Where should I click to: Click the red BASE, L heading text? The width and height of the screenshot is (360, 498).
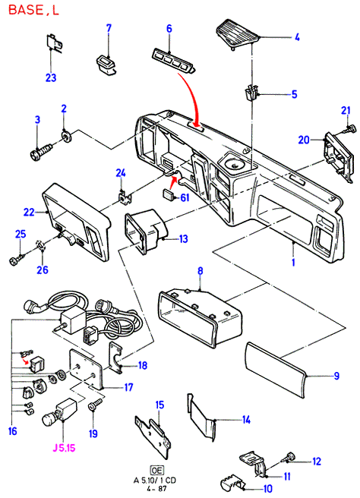tap(33, 10)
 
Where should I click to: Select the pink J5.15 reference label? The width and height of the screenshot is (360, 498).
tap(64, 448)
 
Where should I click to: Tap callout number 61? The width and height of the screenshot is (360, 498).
tap(185, 197)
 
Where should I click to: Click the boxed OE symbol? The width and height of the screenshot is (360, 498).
tap(156, 471)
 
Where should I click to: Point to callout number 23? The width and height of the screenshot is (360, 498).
tap(51, 77)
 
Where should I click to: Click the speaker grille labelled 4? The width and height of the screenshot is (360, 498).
tap(238, 34)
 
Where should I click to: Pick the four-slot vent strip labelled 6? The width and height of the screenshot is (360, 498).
tap(174, 61)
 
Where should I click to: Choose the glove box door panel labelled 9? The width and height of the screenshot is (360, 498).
tap(275, 370)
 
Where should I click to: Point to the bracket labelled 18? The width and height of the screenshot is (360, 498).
tap(116, 358)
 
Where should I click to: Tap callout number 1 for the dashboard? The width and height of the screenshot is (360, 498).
tap(293, 263)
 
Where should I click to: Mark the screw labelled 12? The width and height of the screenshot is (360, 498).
tap(288, 457)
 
